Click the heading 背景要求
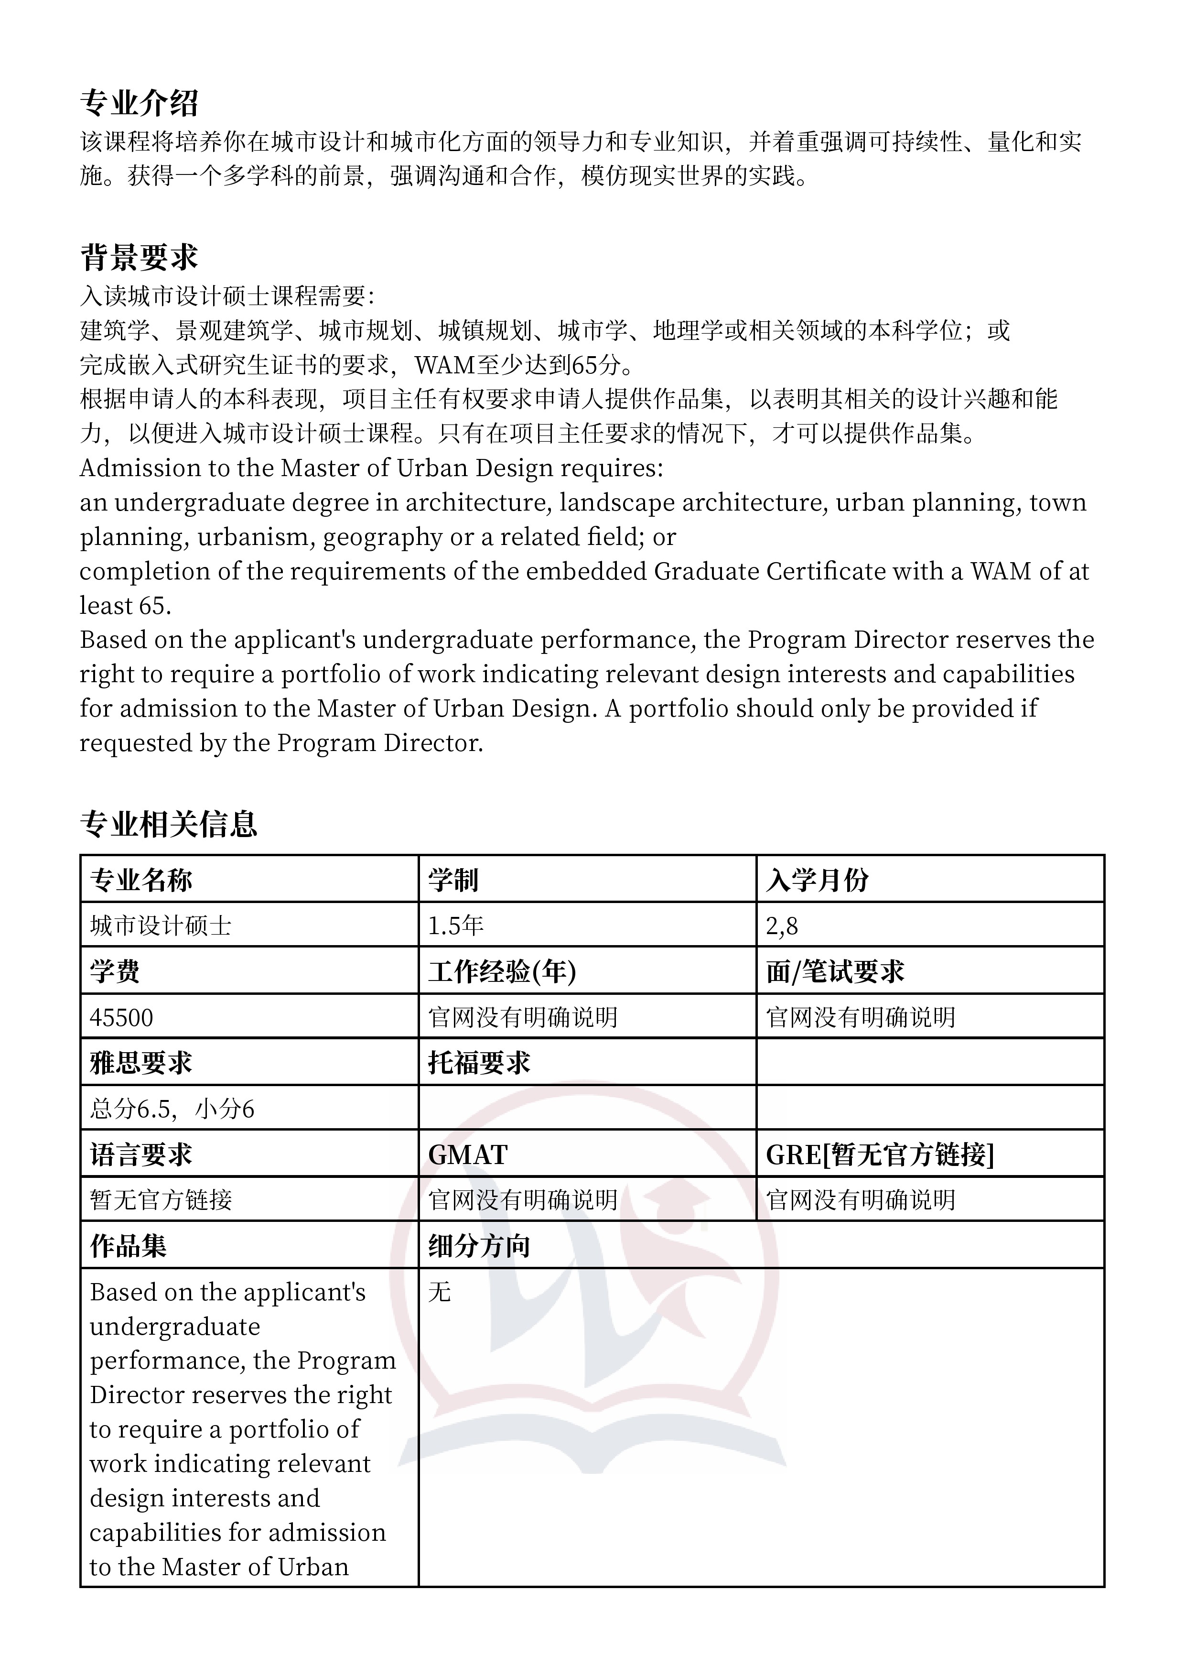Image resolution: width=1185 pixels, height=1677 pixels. click(139, 258)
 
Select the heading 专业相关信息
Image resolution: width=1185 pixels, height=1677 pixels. click(169, 824)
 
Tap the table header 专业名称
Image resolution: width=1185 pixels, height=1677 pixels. click(141, 880)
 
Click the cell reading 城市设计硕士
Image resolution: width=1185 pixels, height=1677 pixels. click(161, 926)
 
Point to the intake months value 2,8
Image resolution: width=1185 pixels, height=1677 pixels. click(782, 926)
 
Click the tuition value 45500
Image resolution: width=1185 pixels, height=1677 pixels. click(121, 1017)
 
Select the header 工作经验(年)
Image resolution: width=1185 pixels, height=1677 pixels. click(502, 971)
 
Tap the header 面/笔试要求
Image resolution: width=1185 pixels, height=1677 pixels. click(835, 971)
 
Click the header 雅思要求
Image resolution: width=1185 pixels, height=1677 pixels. click(141, 1063)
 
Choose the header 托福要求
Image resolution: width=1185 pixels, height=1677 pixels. click(479, 1063)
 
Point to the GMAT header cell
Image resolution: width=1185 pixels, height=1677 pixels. click(468, 1155)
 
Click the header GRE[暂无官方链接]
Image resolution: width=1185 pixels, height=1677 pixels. click(880, 1155)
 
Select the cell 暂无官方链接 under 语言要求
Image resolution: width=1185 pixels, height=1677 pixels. click(161, 1200)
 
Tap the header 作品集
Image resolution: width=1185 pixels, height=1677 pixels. click(129, 1246)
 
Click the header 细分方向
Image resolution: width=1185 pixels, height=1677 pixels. click(479, 1246)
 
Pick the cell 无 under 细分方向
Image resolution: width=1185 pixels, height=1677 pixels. click(440, 1293)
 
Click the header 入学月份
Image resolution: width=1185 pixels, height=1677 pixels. click(817, 880)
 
